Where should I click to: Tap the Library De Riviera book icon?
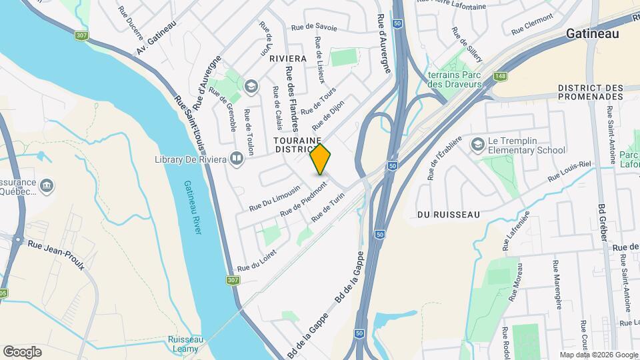coord(236,158)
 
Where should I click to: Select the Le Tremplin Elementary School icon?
coord(478,145)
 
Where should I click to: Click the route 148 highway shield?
coord(499,77)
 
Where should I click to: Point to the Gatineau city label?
coord(593,34)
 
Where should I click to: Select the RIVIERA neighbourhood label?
coord(287,59)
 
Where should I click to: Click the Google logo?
coord(22,351)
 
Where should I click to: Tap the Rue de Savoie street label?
coord(315,28)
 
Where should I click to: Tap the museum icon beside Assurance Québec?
coord(47,184)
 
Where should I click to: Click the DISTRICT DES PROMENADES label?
coord(591,93)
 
